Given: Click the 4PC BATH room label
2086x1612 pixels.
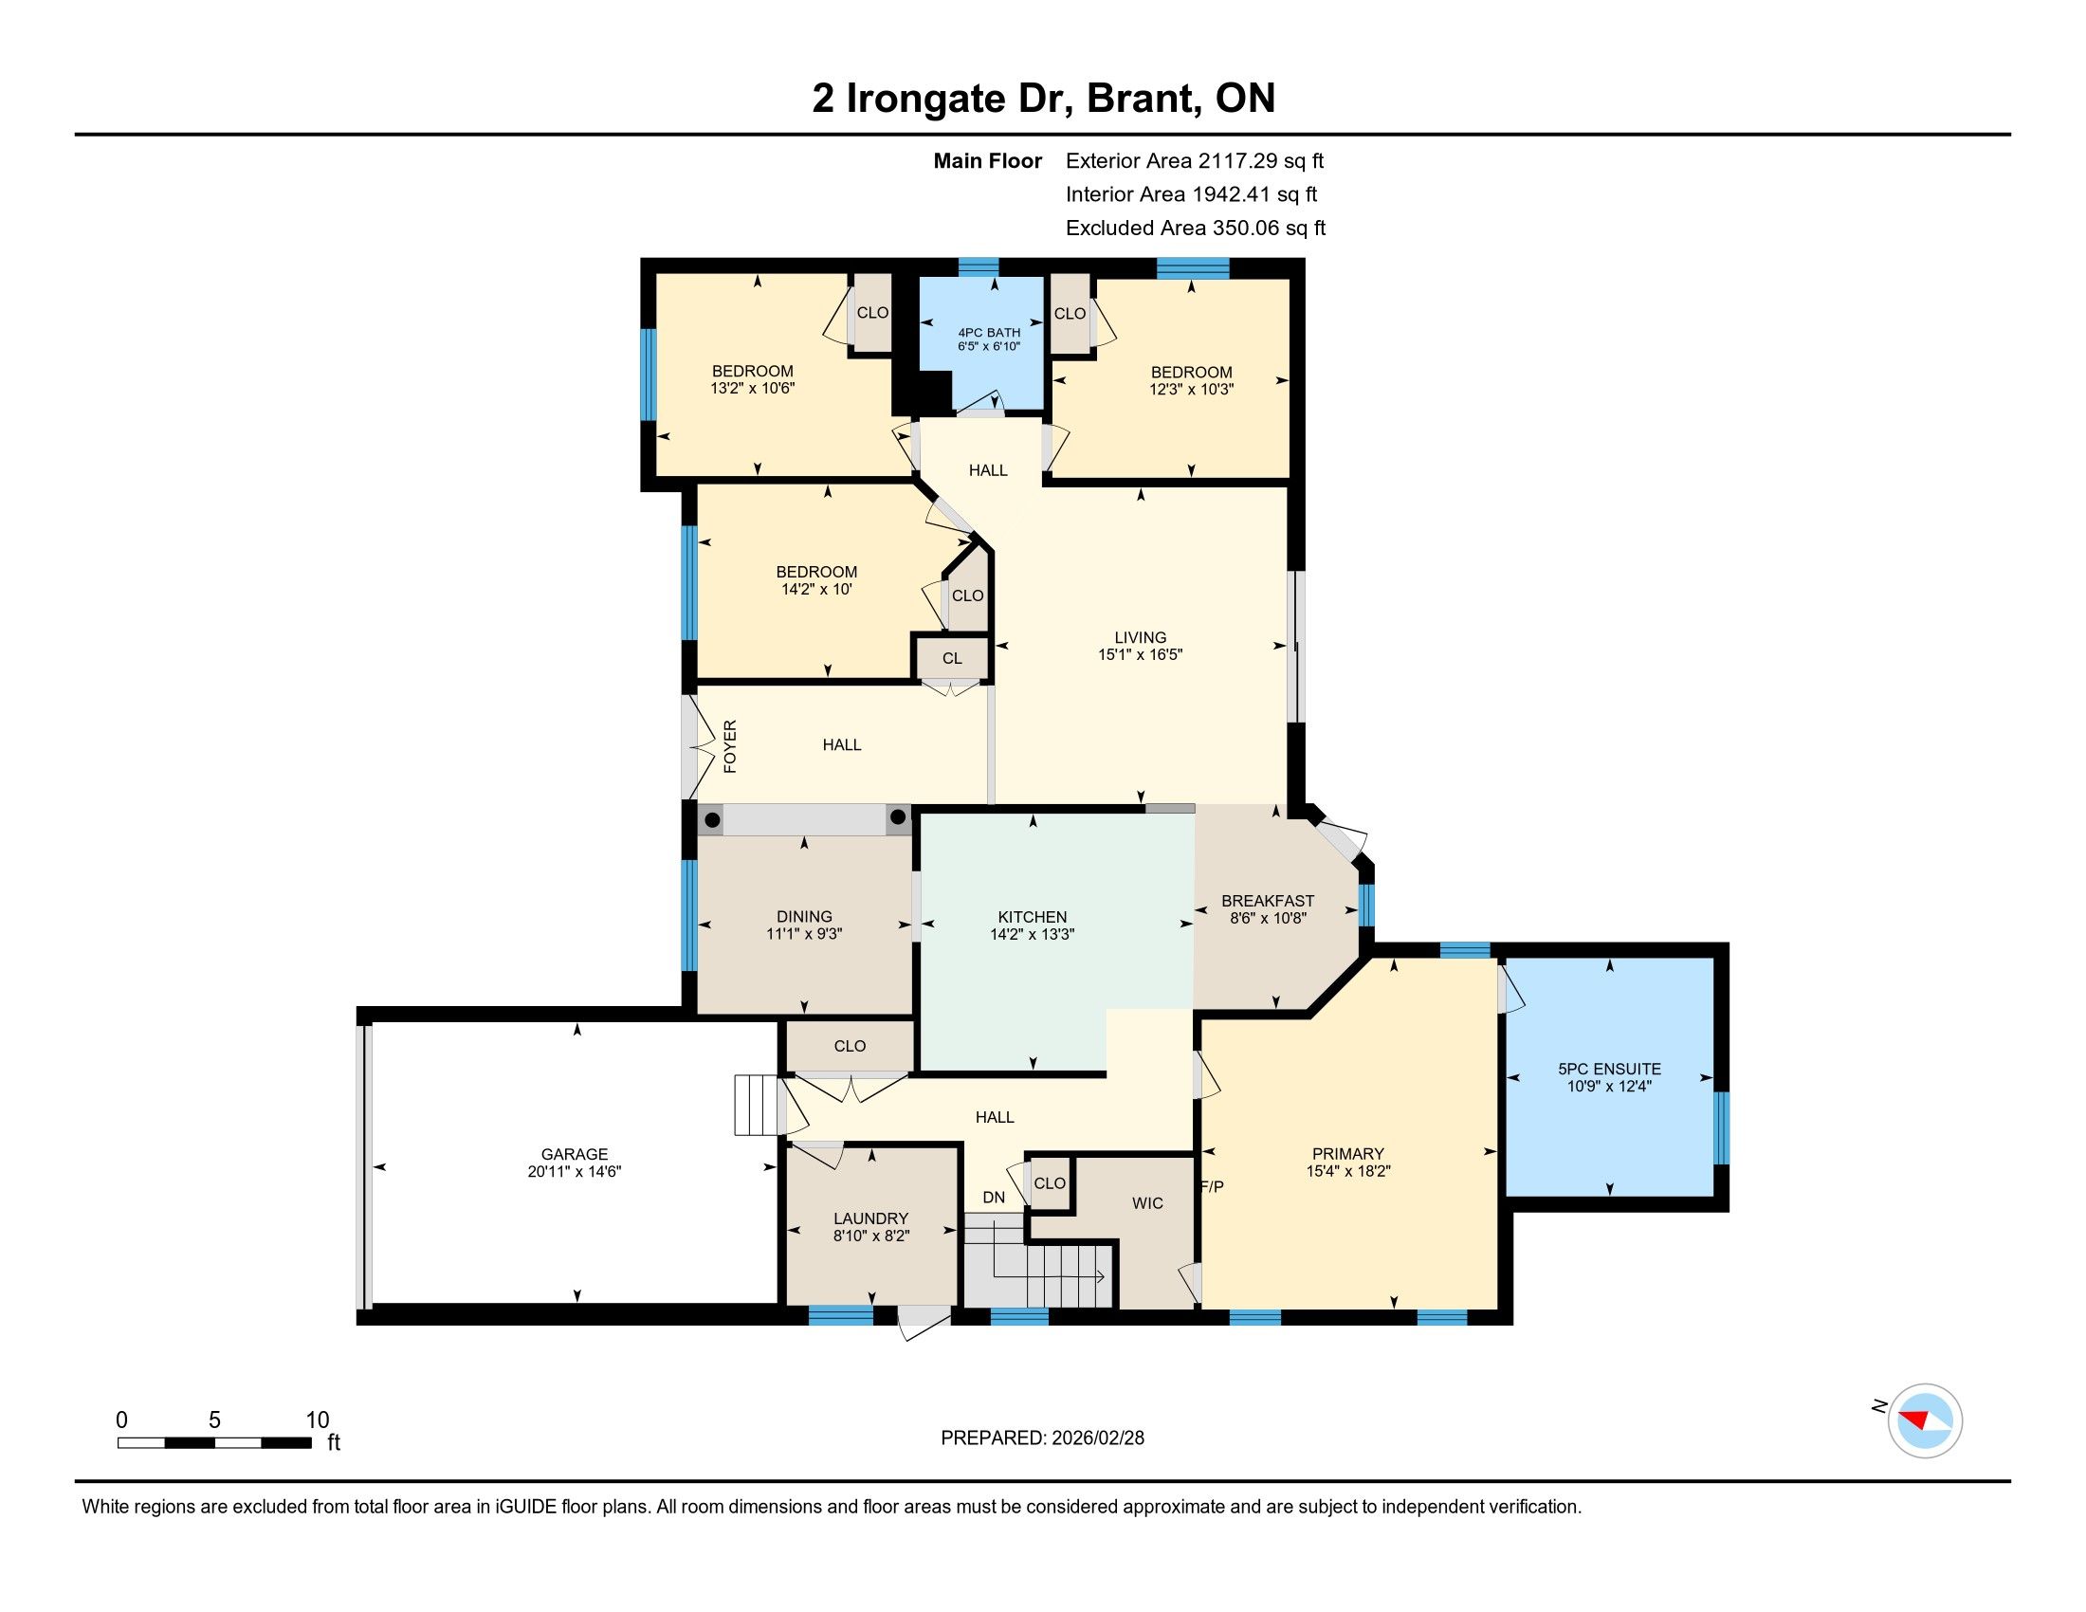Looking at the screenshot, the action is pos(989,332).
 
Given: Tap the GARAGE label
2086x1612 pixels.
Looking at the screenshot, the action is pos(574,1154).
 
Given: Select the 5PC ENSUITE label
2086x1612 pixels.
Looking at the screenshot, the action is pos(1609,1069).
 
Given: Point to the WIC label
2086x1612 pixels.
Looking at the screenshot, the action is pos(1147,1203).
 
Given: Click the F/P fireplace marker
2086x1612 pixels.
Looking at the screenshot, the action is pos(1211,1187).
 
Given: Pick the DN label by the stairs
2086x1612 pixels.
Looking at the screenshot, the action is pos(994,1198).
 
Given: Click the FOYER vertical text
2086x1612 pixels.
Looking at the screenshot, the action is pos(730,746).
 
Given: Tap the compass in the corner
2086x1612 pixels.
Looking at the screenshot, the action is pos(1925,1420).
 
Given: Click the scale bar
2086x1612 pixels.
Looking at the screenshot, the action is pos(215,1442).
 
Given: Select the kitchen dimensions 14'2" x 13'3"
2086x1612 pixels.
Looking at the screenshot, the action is pos(1032,934).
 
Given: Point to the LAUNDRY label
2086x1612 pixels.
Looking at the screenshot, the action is pos(870,1218).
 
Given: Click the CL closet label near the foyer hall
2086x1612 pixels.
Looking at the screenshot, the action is pos(951,658).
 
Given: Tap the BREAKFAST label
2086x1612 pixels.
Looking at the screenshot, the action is pos(1268,901).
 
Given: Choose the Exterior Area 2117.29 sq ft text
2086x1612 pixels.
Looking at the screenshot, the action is pos(1195,160).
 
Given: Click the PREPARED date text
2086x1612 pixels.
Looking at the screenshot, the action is pos(1042,1438).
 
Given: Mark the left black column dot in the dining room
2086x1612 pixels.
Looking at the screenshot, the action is pos(711,820).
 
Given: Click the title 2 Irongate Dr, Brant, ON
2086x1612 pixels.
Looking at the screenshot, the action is pos(1043,99).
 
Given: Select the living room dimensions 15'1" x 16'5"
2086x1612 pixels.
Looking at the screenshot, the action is pos(1141,654).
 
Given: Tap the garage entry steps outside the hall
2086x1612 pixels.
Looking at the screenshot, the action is pos(757,1105).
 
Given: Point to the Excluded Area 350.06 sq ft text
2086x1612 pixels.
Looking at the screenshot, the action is pos(1196,228).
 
